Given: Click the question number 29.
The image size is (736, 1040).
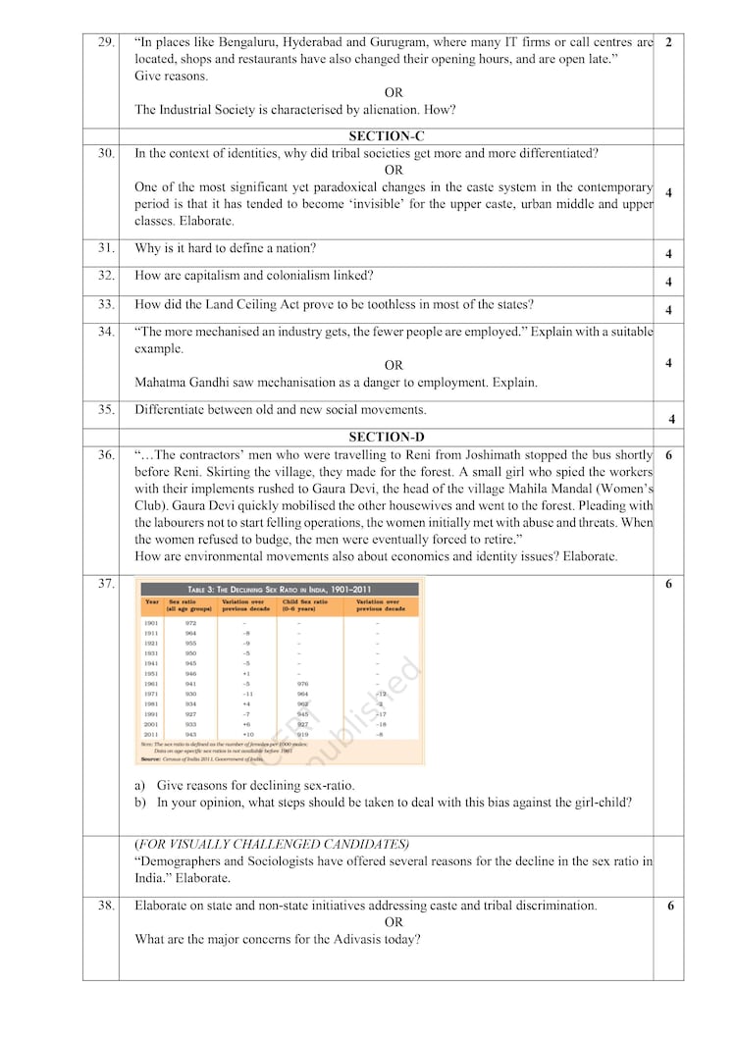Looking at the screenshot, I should click(x=106, y=42).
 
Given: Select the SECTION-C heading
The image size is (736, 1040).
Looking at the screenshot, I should click(x=386, y=136).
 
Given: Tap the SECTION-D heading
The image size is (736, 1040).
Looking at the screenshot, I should click(x=386, y=437).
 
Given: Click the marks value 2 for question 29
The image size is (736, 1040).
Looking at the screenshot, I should click(x=668, y=42).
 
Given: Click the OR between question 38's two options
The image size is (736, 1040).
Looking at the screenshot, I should click(x=394, y=922).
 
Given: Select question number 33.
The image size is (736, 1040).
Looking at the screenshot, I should click(x=106, y=304).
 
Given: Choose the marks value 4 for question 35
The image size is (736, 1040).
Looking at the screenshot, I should click(x=671, y=419).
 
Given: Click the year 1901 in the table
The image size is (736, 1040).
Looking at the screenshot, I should click(x=151, y=623).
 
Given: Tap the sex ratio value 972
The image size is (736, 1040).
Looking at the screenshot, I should click(x=190, y=623).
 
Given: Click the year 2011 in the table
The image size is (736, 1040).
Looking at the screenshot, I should click(x=151, y=734).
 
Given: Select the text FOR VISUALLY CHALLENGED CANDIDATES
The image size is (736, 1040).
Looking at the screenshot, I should click(x=272, y=844).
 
